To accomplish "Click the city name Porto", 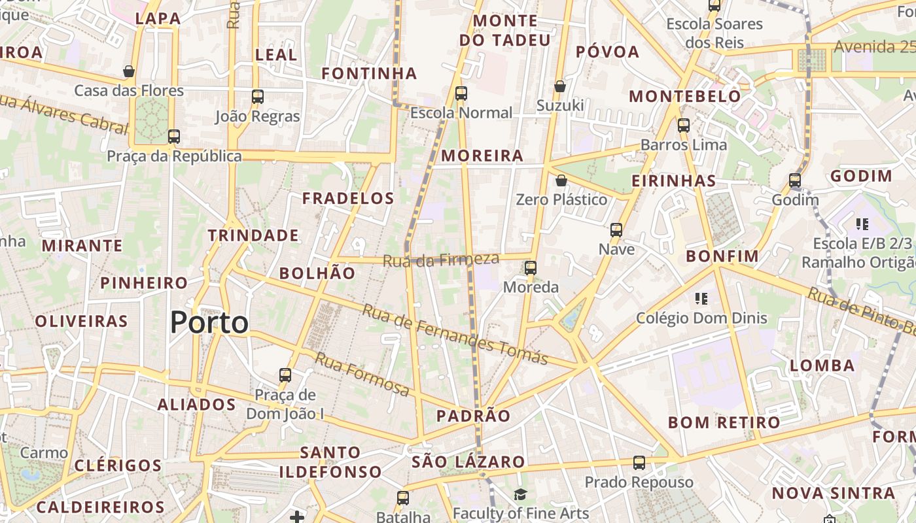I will tap(209, 323).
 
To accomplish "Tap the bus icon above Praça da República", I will tap(173, 137).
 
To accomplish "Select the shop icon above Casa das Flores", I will tap(129, 71).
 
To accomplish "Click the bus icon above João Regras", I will tap(258, 97).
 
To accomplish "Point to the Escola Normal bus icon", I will tap(461, 93).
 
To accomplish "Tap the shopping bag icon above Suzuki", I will tap(560, 86).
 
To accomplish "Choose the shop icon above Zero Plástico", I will tap(561, 180).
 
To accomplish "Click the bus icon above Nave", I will tap(616, 229).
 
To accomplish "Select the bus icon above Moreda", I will tap(531, 267).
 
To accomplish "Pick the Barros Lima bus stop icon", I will tap(684, 125).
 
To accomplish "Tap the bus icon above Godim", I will tap(795, 180).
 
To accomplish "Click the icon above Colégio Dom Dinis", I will tap(701, 299).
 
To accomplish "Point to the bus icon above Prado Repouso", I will tap(639, 463).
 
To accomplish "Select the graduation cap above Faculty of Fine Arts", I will tap(520, 494).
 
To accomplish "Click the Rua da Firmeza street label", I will tap(441, 260).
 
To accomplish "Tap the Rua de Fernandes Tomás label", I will tap(455, 334).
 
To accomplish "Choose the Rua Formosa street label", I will tap(362, 374).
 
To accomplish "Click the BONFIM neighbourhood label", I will tap(722, 256).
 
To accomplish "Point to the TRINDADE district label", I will tap(253, 235).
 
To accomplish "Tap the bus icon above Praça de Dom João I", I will tap(285, 375).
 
